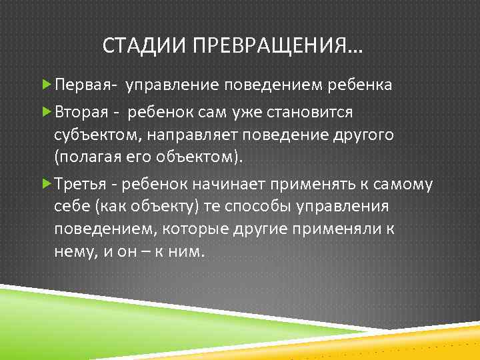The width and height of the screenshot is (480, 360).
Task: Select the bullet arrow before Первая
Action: [46, 86]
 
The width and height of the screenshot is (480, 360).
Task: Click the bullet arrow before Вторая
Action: [46, 111]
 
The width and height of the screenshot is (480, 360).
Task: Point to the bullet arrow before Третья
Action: [46, 183]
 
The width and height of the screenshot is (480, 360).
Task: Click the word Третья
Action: [79, 183]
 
